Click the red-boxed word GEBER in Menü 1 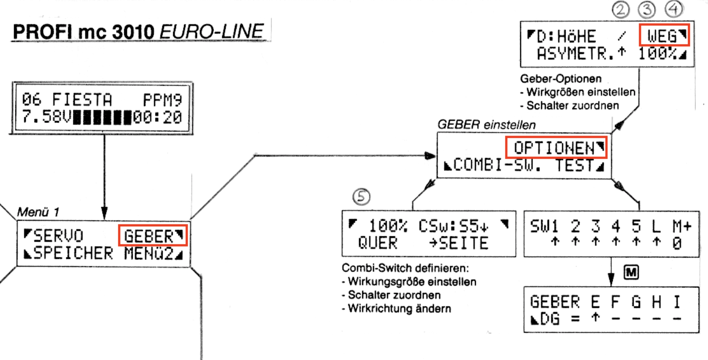point(149,236)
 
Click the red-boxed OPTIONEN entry point(553,148)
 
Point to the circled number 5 point(361,196)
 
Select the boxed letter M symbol point(631,273)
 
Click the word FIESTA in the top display point(82,99)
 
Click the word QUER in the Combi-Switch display point(377,243)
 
